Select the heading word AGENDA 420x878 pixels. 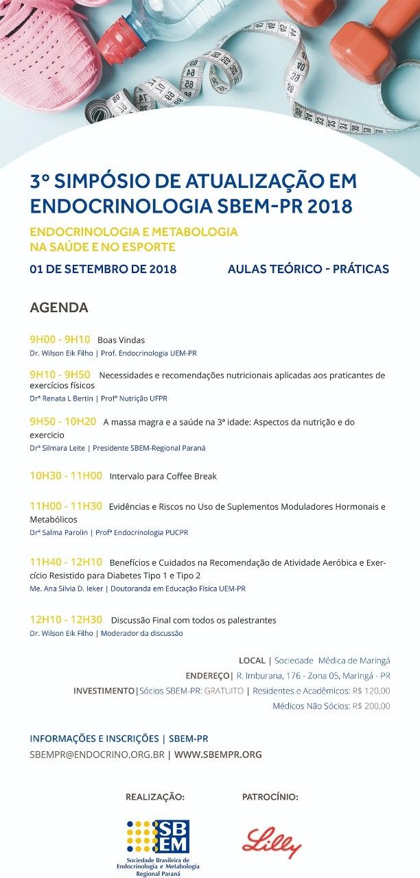point(59,307)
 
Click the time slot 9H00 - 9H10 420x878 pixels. point(60,340)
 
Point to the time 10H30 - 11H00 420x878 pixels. point(66,475)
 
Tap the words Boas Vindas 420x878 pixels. point(121,340)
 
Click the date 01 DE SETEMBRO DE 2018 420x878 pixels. point(103,269)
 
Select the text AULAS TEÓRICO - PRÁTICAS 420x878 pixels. point(308,269)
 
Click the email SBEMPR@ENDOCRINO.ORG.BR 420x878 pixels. point(96,755)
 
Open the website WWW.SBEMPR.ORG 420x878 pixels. point(218,755)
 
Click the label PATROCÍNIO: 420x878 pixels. point(270,797)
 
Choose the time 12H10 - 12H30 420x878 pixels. point(66,619)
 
